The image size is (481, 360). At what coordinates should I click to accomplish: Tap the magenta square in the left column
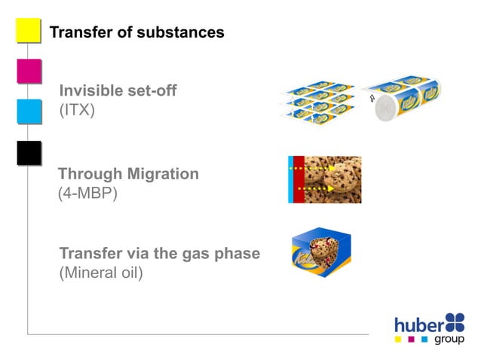29,71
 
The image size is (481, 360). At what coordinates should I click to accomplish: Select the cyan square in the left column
29,111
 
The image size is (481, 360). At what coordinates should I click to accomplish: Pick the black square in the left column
29,152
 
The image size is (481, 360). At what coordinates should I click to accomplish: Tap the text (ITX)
76,111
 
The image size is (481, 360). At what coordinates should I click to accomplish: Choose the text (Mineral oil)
100,272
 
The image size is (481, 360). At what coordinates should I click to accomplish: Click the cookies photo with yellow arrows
332,179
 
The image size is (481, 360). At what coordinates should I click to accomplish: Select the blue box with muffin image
321,253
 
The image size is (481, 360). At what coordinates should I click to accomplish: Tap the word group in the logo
449,340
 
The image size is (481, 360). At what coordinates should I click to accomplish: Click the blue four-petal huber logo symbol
455,322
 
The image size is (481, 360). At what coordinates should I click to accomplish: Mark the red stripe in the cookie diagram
299,179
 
